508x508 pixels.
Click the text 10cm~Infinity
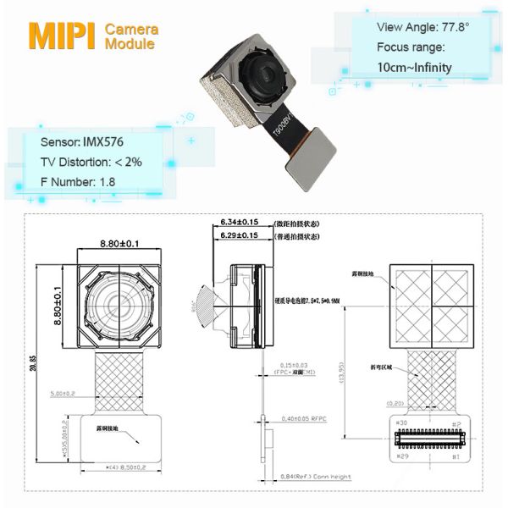click(414, 67)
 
